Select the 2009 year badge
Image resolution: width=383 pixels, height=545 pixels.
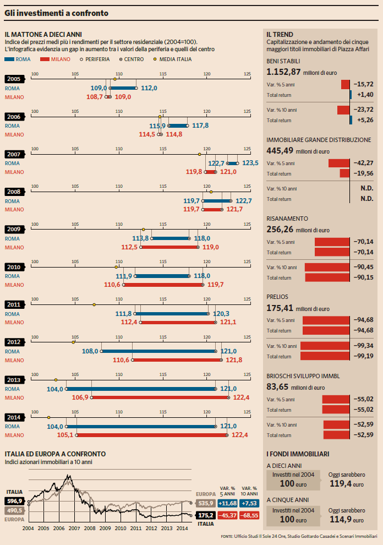coord(14,230)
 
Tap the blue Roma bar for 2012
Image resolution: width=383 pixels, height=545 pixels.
coord(158,351)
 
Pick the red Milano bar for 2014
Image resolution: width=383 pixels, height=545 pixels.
coord(151,435)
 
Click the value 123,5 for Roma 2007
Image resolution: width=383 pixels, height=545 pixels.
coord(250,163)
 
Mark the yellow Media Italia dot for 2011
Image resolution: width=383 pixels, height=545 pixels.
coord(94,304)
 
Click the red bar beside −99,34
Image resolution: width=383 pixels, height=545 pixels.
coord(325,346)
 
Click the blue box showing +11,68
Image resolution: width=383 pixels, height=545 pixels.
coord(227,503)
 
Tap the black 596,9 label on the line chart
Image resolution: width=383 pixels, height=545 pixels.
coord(14,501)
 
